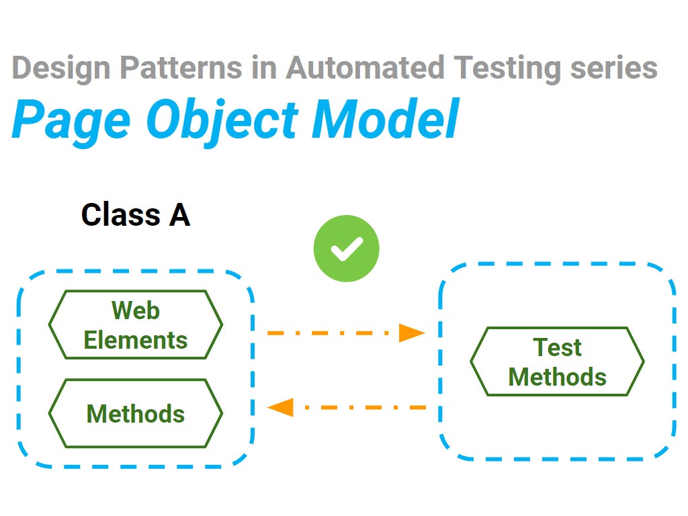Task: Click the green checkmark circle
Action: [346, 249]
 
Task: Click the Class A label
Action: [135, 215]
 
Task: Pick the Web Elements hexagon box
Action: [135, 325]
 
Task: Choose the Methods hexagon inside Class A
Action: [135, 414]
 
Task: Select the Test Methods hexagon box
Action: [557, 362]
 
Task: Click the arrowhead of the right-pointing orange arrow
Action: [411, 333]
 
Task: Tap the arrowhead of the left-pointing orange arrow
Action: [281, 407]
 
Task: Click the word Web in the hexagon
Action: [135, 310]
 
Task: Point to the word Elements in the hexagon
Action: [135, 340]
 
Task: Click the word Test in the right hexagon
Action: [557, 347]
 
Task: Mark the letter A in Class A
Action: [178, 215]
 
